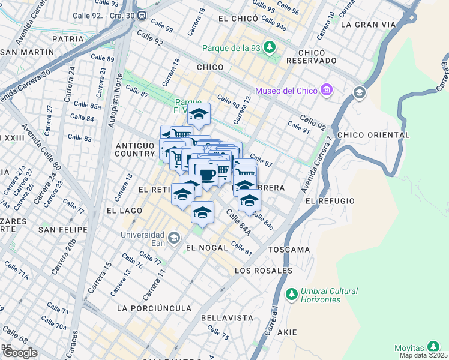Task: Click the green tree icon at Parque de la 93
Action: (270, 46)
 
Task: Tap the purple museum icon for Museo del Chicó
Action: (327, 91)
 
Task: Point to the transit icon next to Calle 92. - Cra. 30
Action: (142, 15)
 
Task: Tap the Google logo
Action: (19, 353)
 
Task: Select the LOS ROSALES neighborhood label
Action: (264, 271)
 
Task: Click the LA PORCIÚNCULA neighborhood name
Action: (154, 308)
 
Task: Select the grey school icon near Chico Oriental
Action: (359, 92)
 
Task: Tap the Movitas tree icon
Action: (433, 347)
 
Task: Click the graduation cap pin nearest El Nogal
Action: (203, 213)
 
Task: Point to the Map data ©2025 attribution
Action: (423, 355)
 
